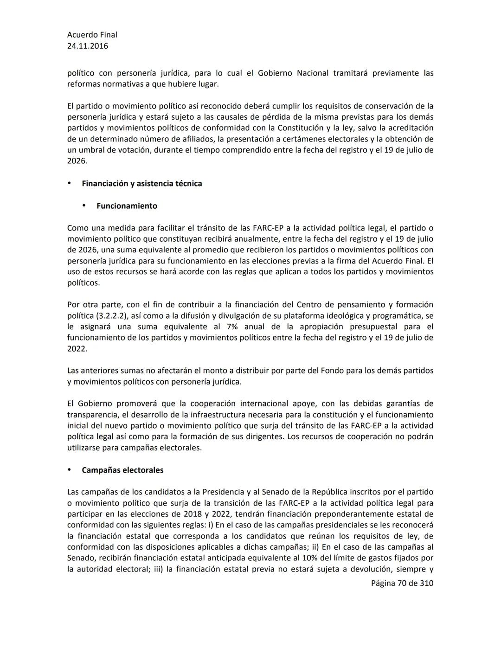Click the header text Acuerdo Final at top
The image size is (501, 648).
click(x=92, y=35)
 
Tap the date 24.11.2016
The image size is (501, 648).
click(x=88, y=46)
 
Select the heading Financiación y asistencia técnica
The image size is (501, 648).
click(x=141, y=184)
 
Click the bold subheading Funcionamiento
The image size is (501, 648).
click(x=127, y=206)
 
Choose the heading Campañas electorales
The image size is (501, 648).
click(x=122, y=470)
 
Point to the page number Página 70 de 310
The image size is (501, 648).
click(x=402, y=583)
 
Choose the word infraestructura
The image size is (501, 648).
click(x=221, y=415)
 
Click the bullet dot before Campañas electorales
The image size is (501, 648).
click(x=70, y=470)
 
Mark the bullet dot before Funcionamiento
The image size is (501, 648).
click(x=84, y=205)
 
